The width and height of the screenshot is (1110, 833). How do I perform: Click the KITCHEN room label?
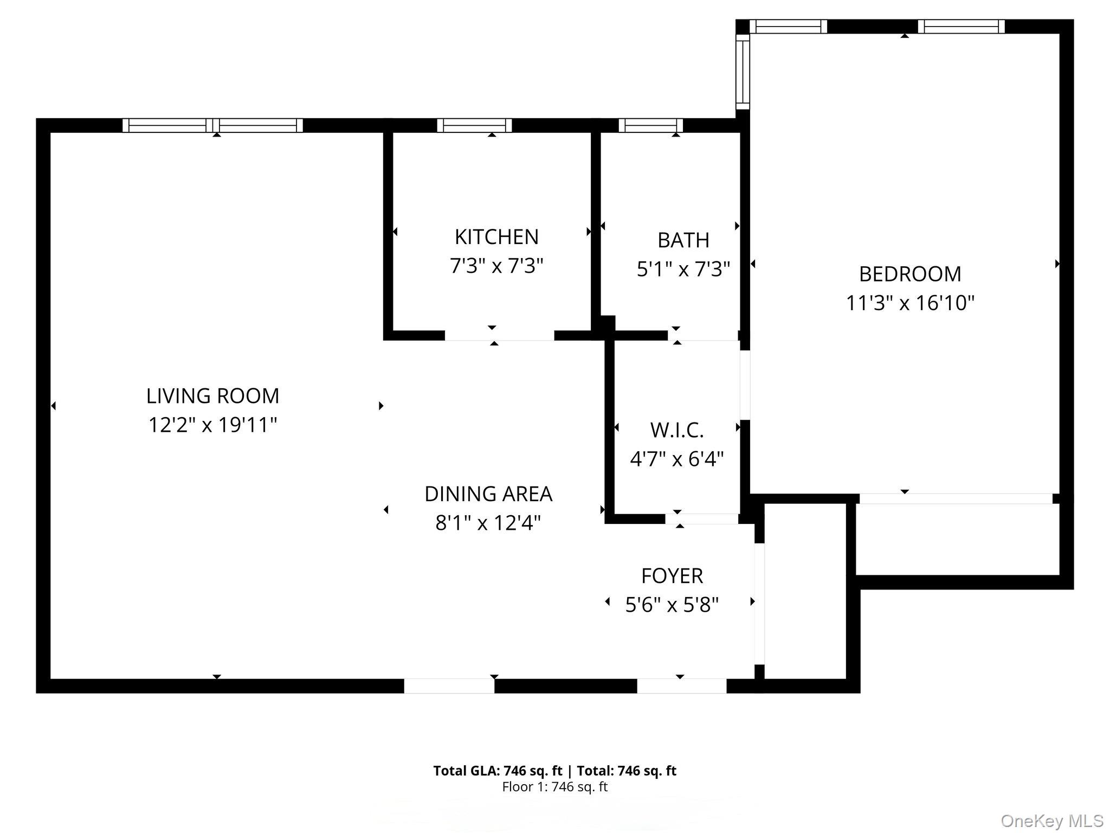pyautogui.click(x=496, y=237)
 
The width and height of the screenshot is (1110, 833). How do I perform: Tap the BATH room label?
pyautogui.click(x=683, y=240)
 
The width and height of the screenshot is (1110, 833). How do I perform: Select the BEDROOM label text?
pyautogui.click(x=910, y=274)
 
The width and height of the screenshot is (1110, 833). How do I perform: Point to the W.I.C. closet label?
pyautogui.click(x=677, y=430)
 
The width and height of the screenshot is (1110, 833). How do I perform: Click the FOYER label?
pyautogui.click(x=672, y=575)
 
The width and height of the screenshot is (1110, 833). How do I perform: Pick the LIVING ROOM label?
pyautogui.click(x=212, y=396)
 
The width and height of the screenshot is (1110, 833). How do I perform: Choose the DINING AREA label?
pyautogui.click(x=488, y=494)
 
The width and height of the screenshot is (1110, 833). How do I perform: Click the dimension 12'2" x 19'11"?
pyautogui.click(x=212, y=425)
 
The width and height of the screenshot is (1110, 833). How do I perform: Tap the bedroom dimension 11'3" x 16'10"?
pyautogui.click(x=910, y=303)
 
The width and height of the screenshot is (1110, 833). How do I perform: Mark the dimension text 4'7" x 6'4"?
pyautogui.click(x=677, y=459)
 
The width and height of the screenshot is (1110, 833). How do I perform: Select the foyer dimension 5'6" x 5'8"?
pyautogui.click(x=672, y=604)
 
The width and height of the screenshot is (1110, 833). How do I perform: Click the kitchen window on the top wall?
pyautogui.click(x=475, y=125)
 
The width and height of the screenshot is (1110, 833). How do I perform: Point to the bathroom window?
pyautogui.click(x=650, y=125)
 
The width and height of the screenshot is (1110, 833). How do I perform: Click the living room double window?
pyautogui.click(x=212, y=125)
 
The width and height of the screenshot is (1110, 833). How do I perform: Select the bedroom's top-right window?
pyautogui.click(x=961, y=26)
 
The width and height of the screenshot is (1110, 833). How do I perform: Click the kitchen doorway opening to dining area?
pyautogui.click(x=499, y=336)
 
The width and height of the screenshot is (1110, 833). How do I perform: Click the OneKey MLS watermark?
pyautogui.click(x=1052, y=821)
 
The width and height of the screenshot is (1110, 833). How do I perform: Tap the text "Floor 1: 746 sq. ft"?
pyautogui.click(x=554, y=787)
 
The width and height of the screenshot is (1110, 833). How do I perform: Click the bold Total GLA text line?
pyautogui.click(x=554, y=771)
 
